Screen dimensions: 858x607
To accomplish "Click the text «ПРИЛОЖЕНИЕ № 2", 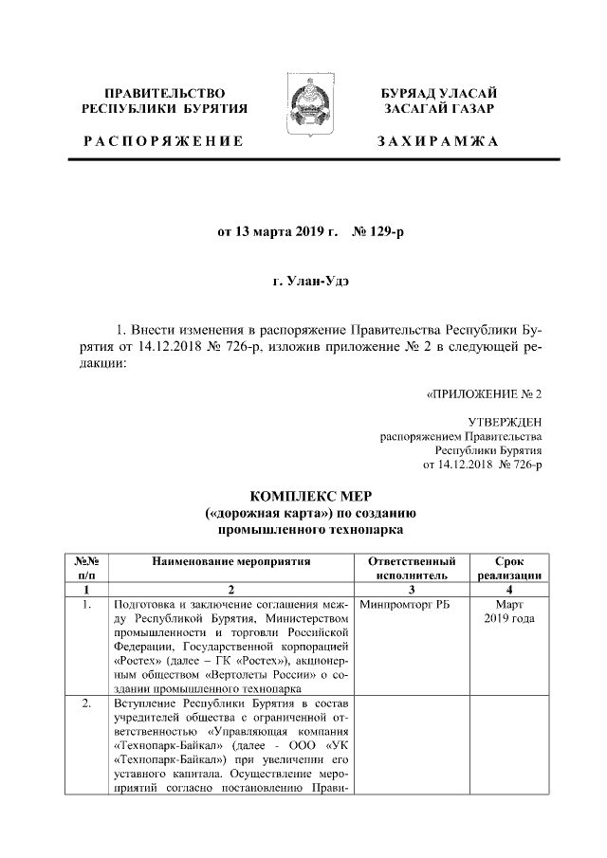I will click(x=484, y=392).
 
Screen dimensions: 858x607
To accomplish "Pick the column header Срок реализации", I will click(x=509, y=568).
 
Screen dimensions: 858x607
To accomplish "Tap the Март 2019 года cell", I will click(x=509, y=612).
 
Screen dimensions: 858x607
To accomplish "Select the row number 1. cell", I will click(x=86, y=604).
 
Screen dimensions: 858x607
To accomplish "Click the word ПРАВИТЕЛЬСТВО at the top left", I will click(x=164, y=93).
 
